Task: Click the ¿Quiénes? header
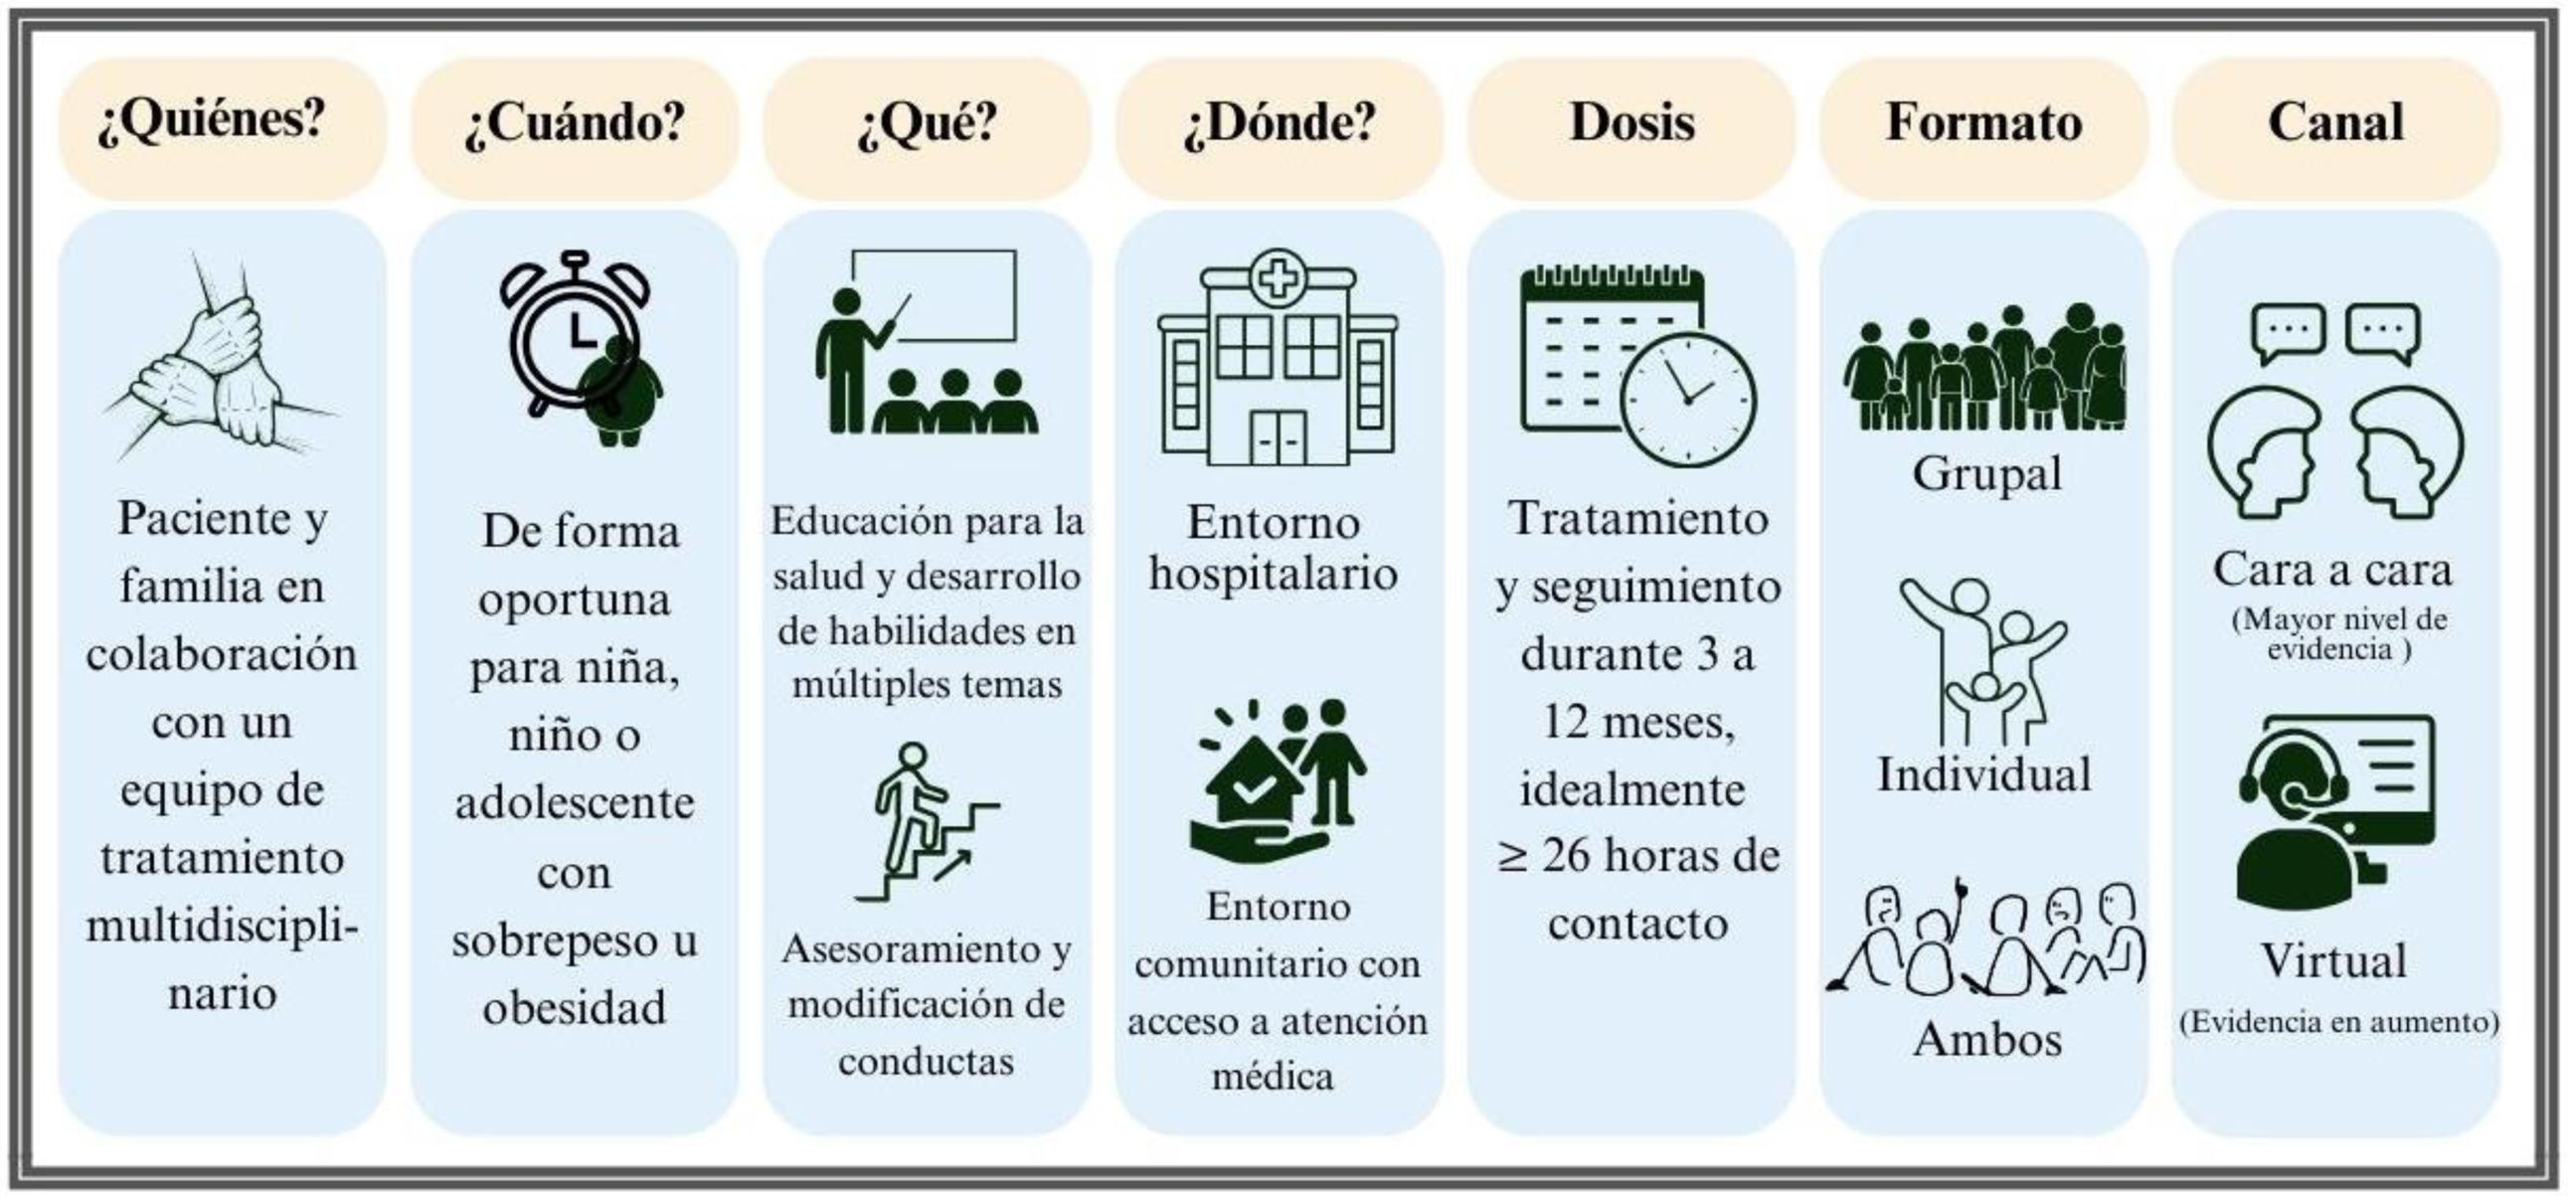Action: pos(212,121)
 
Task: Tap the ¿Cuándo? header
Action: pos(575,123)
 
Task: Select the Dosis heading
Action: pos(1631,123)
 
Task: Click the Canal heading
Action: pos(2335,123)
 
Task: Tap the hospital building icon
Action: pos(1278,359)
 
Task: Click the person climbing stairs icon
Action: pos(927,822)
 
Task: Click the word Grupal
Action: pos(1985,474)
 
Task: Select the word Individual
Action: pos(1983,774)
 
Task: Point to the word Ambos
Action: pos(1985,1040)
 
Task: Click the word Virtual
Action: pos(2333,961)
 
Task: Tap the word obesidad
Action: pos(575,1009)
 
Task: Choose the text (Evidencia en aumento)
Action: pos(2337,1023)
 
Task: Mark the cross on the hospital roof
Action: pos(1278,277)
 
